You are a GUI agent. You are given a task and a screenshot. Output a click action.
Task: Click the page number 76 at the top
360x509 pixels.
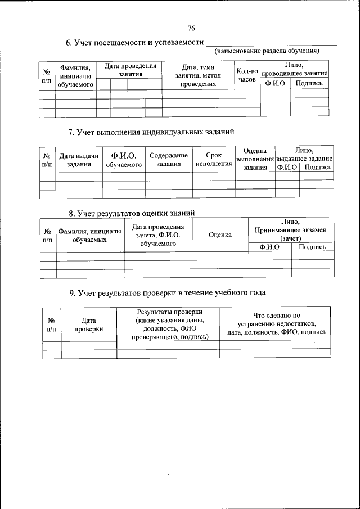(x=191, y=28)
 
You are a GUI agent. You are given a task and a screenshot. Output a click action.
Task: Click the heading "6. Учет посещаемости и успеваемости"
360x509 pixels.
(x=133, y=43)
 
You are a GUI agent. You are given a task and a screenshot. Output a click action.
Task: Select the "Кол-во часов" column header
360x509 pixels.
(x=247, y=75)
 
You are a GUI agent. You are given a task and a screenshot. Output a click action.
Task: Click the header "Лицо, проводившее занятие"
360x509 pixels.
(x=294, y=70)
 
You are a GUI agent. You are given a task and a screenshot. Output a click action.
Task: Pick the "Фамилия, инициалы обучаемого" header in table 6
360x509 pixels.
(x=75, y=75)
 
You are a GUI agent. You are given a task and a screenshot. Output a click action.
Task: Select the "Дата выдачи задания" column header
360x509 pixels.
(x=79, y=160)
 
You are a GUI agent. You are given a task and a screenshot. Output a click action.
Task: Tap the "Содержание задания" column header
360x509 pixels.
(x=168, y=160)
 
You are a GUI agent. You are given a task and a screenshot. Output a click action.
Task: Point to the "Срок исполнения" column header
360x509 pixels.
(x=214, y=160)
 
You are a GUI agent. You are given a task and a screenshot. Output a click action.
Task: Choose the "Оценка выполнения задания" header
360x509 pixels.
(x=255, y=159)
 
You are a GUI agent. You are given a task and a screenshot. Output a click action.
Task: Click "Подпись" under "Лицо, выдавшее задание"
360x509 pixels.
(x=317, y=168)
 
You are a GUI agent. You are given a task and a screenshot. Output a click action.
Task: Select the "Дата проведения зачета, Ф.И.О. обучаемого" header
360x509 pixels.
(x=158, y=235)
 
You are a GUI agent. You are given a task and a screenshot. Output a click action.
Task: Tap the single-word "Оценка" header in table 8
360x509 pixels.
(x=220, y=235)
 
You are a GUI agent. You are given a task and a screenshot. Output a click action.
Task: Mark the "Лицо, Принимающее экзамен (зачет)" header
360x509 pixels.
(x=291, y=230)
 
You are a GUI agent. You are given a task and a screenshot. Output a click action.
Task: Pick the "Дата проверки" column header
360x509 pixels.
(x=88, y=325)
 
